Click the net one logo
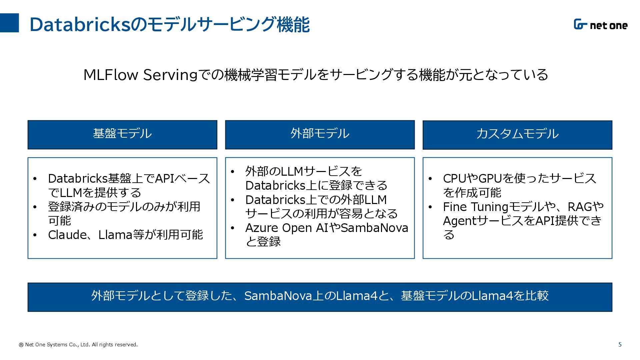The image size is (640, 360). pyautogui.click(x=600, y=25)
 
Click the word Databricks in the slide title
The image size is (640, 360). pyautogui.click(x=80, y=24)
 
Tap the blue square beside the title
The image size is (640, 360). pyautogui.click(x=9, y=23)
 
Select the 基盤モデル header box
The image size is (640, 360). pyautogui.click(x=122, y=135)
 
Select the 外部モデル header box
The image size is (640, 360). pyautogui.click(x=320, y=135)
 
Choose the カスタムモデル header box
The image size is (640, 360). pyautogui.click(x=517, y=135)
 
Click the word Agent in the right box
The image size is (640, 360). pyautogui.click(x=460, y=221)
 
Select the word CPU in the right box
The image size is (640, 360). pyautogui.click(x=455, y=178)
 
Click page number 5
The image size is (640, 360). pyautogui.click(x=620, y=345)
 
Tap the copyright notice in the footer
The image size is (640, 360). pyautogui.click(x=78, y=345)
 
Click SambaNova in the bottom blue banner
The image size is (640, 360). pyautogui.click(x=278, y=296)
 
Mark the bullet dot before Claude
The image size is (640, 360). pyautogui.click(x=35, y=235)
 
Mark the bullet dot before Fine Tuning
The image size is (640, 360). pyautogui.click(x=430, y=207)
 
